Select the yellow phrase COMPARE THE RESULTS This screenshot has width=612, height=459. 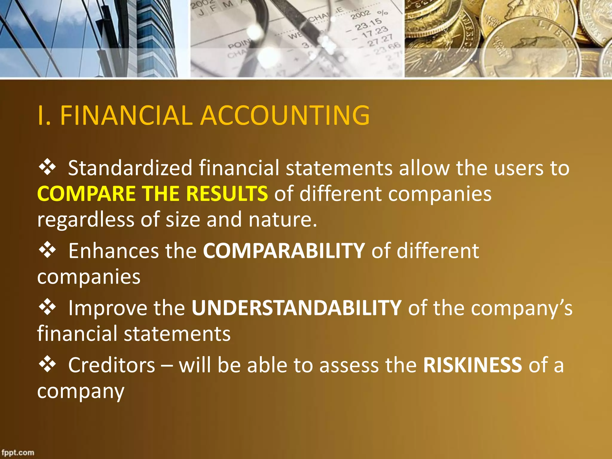point(152,194)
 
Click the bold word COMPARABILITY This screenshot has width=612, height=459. point(284,250)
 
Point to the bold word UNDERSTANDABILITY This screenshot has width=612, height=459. point(296,308)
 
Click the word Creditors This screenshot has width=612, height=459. point(112,365)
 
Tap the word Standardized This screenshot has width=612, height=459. point(130,168)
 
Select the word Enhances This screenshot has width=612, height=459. point(114,250)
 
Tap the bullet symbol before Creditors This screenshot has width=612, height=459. point(47,365)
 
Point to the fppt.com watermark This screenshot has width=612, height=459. point(18,452)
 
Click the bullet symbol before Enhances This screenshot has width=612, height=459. point(47,250)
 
